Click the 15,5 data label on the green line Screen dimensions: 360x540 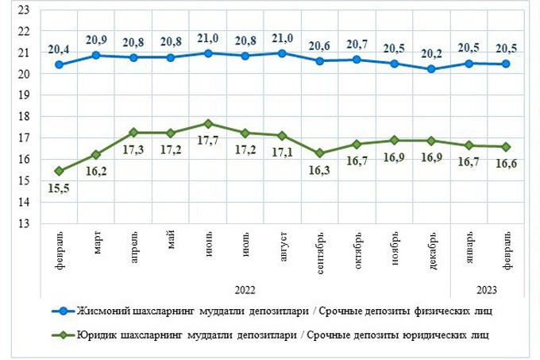point(59,188)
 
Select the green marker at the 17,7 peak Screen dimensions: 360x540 point(208,123)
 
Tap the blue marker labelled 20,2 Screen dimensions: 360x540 point(431,69)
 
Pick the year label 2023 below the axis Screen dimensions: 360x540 point(487,288)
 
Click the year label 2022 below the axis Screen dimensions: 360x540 point(245,288)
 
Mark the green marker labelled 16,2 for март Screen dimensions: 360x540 point(96,154)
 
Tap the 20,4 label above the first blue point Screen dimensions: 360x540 point(59,48)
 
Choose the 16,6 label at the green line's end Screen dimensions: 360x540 point(505,164)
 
